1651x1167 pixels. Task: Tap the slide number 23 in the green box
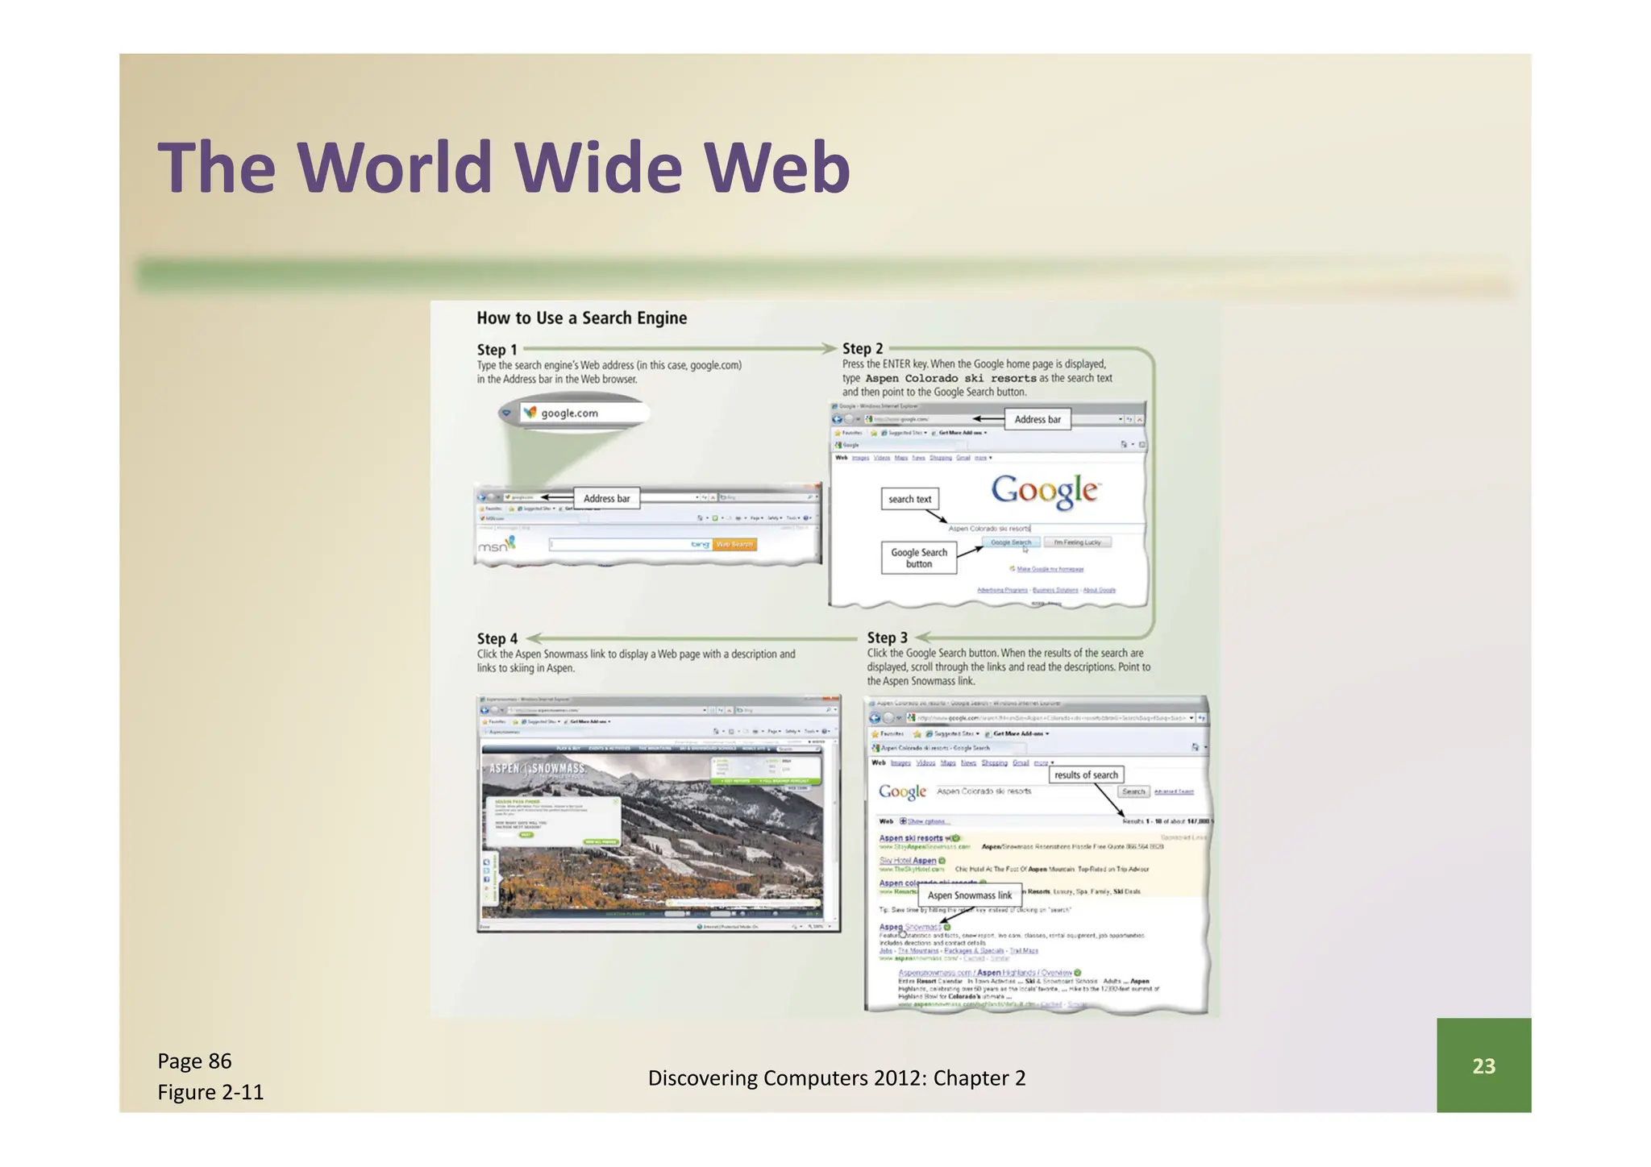coord(1483,1065)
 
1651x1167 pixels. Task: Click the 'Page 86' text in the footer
coord(194,1061)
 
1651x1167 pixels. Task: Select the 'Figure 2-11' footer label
coord(210,1092)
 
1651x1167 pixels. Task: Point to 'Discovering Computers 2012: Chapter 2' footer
coord(836,1078)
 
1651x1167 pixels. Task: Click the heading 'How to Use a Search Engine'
coord(581,318)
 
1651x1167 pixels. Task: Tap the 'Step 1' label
coord(497,350)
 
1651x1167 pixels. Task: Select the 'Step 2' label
coord(863,349)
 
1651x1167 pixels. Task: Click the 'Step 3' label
coord(887,637)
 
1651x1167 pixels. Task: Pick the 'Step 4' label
coord(497,638)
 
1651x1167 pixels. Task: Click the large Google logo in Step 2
coord(1044,491)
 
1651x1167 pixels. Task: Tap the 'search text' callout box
coord(909,500)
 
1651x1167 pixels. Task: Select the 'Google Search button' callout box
coord(918,558)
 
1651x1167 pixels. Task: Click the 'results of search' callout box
coord(1086,775)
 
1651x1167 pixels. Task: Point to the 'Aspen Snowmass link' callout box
coord(969,895)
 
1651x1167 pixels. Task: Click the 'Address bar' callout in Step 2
coord(1038,419)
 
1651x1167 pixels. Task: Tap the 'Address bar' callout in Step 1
coord(606,499)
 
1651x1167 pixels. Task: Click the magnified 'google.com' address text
coord(569,413)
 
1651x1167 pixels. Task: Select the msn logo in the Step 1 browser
coord(496,546)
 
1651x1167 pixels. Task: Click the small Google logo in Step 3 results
coord(902,792)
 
